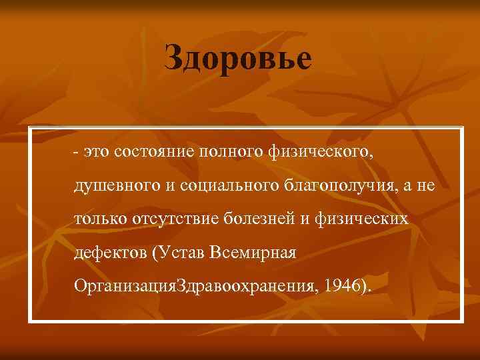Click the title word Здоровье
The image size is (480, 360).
coord(238,59)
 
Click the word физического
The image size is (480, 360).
coord(321,151)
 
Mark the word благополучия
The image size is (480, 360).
coord(332,185)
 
